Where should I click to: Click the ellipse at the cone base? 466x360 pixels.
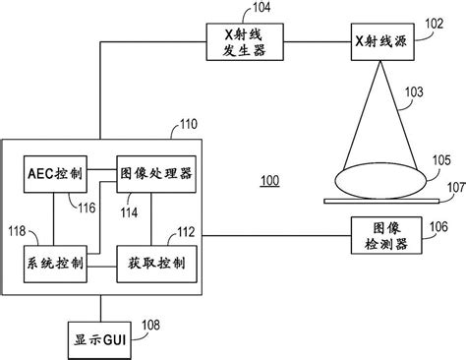click(x=378, y=181)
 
